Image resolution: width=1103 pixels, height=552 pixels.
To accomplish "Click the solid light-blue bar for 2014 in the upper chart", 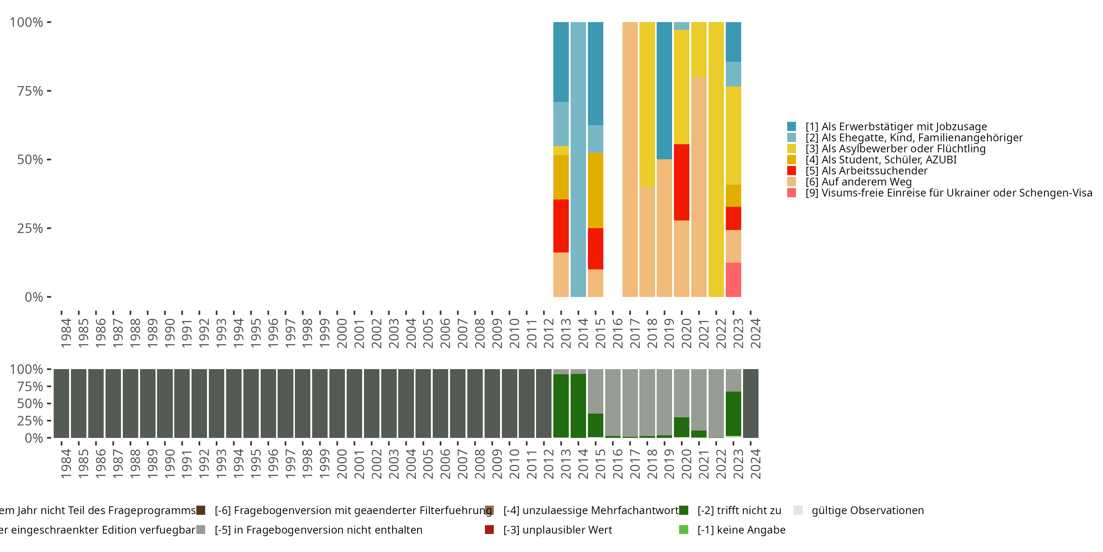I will pyautogui.click(x=578, y=159).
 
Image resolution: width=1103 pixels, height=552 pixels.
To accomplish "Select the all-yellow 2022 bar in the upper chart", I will pyautogui.click(x=716, y=159).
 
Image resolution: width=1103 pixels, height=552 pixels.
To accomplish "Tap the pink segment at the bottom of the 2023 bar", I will pyautogui.click(x=733, y=279).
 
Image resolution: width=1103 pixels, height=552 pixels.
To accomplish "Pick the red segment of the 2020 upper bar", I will pyautogui.click(x=681, y=182).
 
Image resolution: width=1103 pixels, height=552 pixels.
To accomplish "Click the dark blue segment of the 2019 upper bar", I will pyautogui.click(x=664, y=91).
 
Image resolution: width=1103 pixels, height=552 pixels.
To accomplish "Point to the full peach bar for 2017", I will pyautogui.click(x=630, y=159).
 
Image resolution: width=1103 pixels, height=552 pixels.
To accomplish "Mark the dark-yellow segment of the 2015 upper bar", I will pyautogui.click(x=595, y=190).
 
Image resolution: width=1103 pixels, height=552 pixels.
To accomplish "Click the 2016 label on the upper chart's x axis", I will pyautogui.click(x=617, y=333).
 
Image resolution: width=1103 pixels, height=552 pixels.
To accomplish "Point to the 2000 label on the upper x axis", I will pyautogui.click(x=342, y=333).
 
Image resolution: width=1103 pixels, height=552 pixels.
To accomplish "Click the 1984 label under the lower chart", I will pyautogui.click(x=66, y=464).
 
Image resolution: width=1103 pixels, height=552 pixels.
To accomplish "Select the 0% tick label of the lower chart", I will pyautogui.click(x=34, y=438).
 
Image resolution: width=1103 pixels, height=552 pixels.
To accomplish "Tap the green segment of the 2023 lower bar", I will pyautogui.click(x=733, y=413).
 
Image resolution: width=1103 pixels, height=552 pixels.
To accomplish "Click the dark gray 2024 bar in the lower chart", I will pyautogui.click(x=751, y=403).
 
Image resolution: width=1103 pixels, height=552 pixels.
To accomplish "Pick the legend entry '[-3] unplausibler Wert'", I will pyautogui.click(x=557, y=530).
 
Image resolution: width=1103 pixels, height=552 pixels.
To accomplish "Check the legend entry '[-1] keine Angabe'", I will pyautogui.click(x=741, y=530).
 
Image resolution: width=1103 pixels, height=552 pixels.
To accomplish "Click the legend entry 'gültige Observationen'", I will pyautogui.click(x=867, y=510).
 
